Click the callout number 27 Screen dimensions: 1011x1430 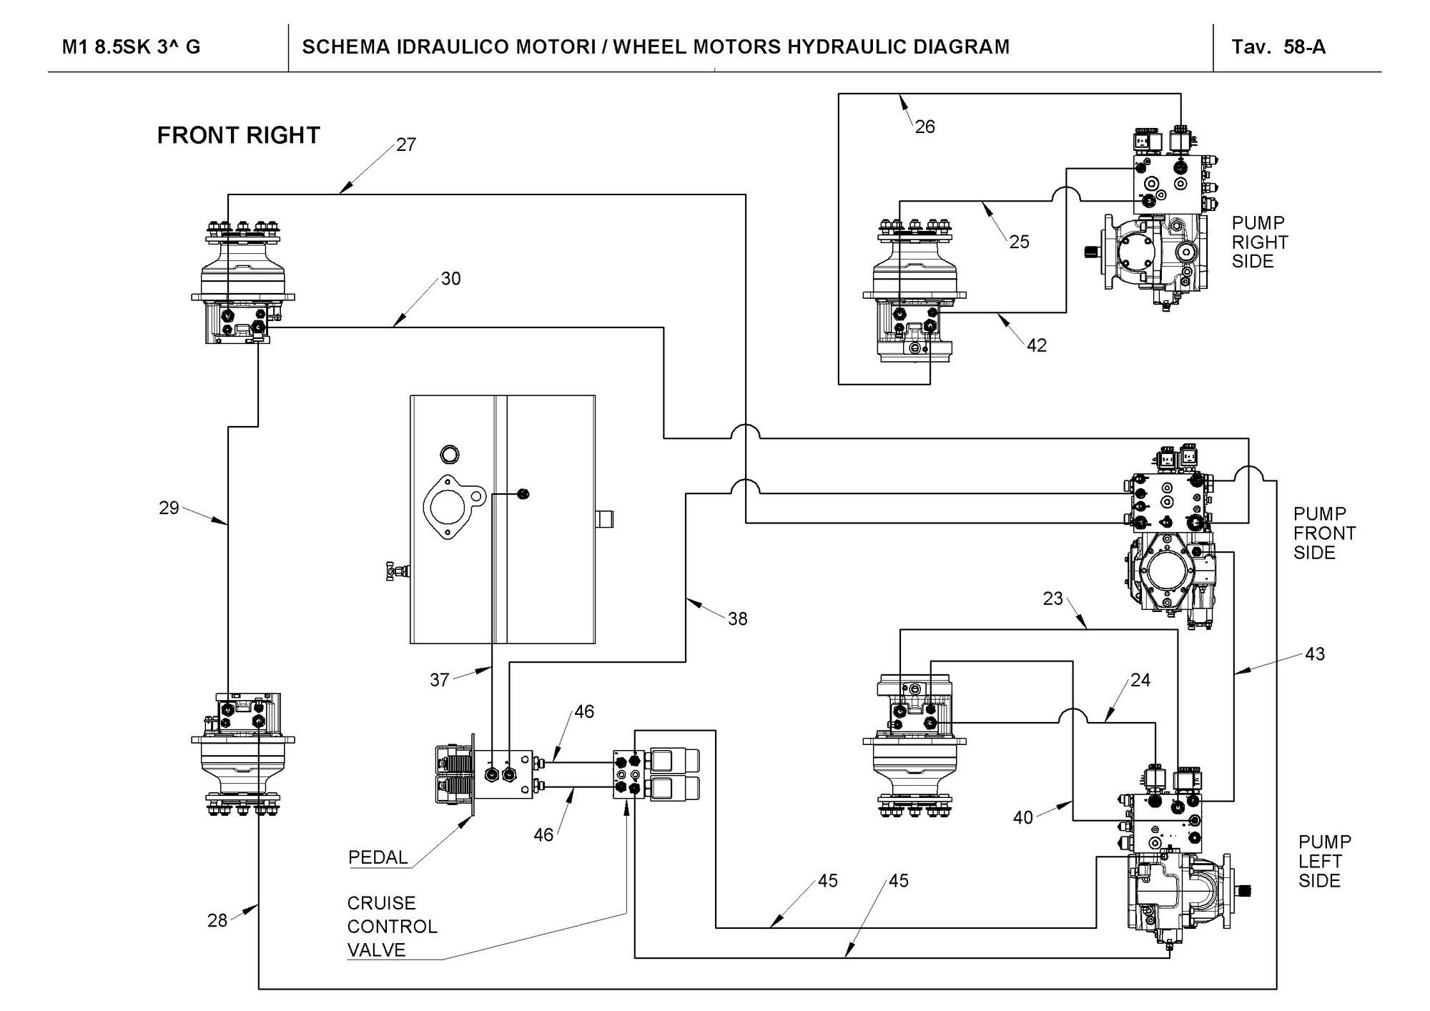[x=406, y=144]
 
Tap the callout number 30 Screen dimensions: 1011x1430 [x=450, y=279]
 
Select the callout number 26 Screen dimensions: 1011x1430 [x=924, y=127]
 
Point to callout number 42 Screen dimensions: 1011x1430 [x=1036, y=345]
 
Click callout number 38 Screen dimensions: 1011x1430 [x=737, y=618]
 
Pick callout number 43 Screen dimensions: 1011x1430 [x=1314, y=654]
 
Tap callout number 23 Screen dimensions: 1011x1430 [x=1052, y=598]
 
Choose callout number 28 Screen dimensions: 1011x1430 [x=217, y=920]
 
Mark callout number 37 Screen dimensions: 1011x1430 [x=439, y=679]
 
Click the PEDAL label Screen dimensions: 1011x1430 [x=378, y=857]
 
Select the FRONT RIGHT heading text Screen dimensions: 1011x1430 [x=238, y=135]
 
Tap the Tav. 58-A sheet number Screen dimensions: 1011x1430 [x=1278, y=47]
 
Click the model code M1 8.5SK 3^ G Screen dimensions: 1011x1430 [x=131, y=47]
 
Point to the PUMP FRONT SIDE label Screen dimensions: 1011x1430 [x=1324, y=533]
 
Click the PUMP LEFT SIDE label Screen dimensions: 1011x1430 [x=1324, y=861]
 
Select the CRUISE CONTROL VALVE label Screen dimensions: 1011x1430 [x=391, y=926]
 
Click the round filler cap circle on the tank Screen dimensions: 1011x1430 [x=450, y=453]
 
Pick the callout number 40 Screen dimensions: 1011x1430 [x=1022, y=817]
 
